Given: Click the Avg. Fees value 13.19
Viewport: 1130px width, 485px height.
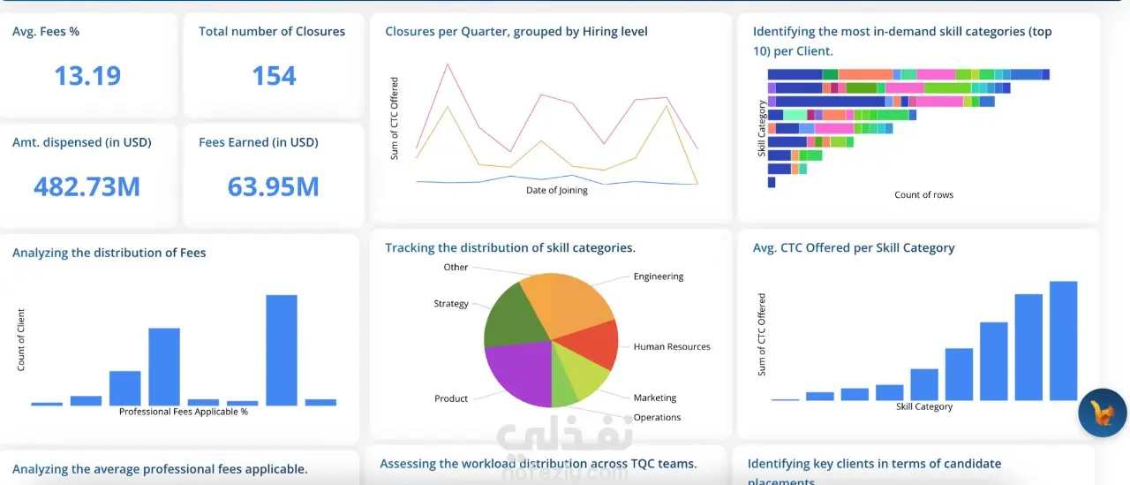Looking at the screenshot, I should pos(87,76).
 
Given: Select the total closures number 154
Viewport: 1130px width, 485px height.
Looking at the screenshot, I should pos(274,76).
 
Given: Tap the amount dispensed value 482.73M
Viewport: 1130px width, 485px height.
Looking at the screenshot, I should pos(87,186).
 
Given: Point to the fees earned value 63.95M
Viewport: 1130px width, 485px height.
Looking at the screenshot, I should pos(273,186).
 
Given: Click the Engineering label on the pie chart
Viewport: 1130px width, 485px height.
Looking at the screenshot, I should pos(658,277).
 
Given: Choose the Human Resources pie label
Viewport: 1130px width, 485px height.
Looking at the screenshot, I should pos(671,347).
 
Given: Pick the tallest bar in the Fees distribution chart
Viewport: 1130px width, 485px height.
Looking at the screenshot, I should pos(282,350).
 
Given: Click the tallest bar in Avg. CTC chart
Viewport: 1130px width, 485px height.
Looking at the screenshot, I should pos(1063,341).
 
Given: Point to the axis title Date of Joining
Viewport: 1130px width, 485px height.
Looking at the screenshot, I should pos(556,190).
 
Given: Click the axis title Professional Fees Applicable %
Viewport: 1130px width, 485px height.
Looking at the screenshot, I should pos(183,412).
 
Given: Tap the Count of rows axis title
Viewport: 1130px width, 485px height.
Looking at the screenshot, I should pos(923,194).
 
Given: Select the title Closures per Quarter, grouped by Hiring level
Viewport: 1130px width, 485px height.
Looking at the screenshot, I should pos(516,32).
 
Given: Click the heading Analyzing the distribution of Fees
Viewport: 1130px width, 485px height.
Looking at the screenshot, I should pos(109,253).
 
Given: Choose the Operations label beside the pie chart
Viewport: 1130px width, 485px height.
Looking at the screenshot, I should pos(657,417).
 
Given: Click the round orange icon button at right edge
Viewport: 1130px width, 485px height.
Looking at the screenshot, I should pos(1103,412).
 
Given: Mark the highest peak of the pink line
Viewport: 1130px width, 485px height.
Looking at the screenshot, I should pos(448,64).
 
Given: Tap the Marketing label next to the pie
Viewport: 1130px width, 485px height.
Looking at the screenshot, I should pos(654,398).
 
